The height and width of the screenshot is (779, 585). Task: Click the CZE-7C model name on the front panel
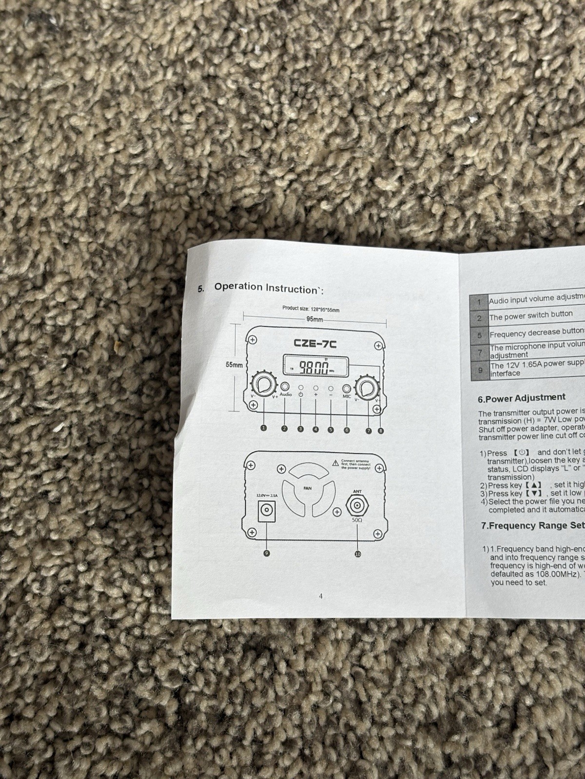(315, 343)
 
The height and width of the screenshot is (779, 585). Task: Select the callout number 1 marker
(264, 427)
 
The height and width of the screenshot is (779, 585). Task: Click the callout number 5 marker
(331, 429)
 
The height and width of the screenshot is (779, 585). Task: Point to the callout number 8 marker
(381, 431)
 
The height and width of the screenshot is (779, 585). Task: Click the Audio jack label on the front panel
(286, 394)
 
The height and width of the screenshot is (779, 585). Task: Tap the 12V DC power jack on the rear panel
(267, 511)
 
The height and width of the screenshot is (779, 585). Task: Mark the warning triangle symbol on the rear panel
(335, 463)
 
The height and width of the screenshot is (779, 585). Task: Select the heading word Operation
(238, 287)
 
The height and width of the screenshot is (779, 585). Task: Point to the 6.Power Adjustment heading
(522, 398)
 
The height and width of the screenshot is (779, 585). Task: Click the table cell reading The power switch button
(531, 315)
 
